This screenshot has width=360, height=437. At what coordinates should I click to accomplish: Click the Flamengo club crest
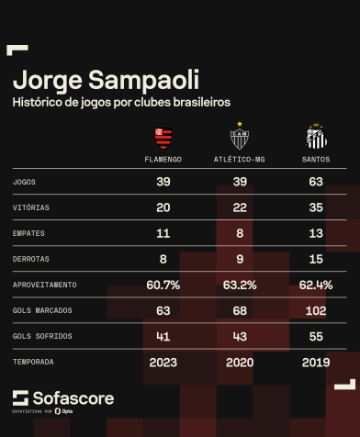pos(163,139)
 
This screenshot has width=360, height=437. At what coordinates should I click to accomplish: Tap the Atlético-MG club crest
pos(240,138)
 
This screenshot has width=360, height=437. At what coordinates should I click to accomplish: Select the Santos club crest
pos(316,139)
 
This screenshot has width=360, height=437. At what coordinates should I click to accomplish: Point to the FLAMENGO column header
pos(163,160)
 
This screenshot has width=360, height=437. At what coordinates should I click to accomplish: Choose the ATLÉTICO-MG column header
pos(240,160)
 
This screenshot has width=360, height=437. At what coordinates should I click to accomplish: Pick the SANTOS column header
pos(316,160)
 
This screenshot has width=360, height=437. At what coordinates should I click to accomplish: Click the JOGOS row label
pos(25,182)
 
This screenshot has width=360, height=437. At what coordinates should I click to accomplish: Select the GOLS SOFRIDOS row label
pos(40,336)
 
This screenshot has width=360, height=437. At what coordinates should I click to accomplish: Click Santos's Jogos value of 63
pos(316,182)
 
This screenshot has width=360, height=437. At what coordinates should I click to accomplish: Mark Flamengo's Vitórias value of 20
pos(163,207)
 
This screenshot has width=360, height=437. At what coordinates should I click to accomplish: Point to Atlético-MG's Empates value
pos(240,233)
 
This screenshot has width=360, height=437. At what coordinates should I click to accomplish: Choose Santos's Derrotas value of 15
pos(316,259)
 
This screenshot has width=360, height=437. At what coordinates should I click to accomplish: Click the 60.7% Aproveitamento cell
pos(163,285)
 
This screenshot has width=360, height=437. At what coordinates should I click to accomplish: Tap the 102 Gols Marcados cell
pos(316,310)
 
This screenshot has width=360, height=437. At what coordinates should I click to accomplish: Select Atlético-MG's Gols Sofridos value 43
pos(240,336)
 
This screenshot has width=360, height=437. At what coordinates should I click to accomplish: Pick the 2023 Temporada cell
pos(163,362)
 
